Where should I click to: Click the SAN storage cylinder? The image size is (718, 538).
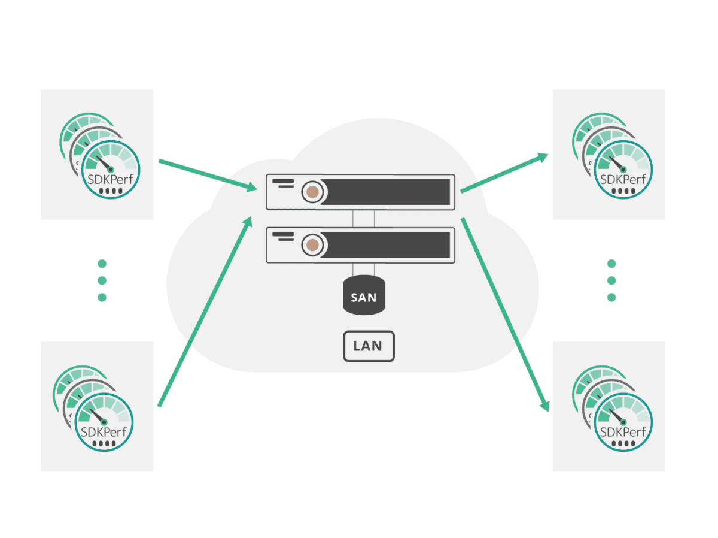pos(364,295)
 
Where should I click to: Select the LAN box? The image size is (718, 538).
pos(369,346)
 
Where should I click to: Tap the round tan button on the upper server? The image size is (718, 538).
pos(312,192)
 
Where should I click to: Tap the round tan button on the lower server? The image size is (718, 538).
pos(312,245)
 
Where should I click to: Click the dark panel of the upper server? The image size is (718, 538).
pos(385,192)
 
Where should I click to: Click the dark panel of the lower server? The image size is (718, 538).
pos(385,245)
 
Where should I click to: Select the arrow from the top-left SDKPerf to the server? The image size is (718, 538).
pos(208,175)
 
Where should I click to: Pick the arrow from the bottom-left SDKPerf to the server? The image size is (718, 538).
pos(205,312)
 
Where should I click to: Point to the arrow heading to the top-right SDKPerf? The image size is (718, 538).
pos(504,172)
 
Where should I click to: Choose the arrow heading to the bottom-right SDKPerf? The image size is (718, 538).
pos(505,315)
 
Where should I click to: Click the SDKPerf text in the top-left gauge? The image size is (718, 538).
pos(110,180)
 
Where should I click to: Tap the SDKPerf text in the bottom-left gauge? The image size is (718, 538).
pos(104,432)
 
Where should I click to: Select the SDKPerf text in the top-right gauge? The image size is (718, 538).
pos(623,180)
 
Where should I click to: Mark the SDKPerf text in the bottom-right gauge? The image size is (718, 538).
pos(623,432)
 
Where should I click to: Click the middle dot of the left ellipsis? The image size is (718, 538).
pos(102,280)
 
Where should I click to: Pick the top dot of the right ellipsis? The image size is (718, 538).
pos(611,264)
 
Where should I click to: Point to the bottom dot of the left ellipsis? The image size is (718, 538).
pos(102,297)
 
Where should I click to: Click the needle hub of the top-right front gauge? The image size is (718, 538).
pos(623,170)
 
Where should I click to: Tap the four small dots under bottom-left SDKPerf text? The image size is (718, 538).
pos(104,444)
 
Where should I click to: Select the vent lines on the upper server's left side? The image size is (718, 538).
pos(283,183)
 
